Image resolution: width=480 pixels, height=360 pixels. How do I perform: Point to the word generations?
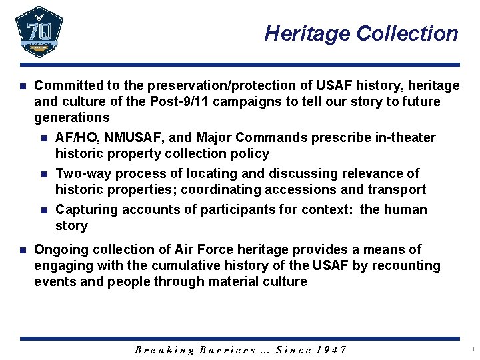(72, 118)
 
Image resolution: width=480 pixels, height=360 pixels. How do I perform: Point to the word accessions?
(304, 190)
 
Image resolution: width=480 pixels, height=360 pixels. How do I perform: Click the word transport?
(398, 190)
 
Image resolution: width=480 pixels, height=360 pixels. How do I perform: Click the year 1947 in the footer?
(331, 350)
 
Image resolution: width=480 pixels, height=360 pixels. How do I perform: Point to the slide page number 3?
(471, 349)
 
